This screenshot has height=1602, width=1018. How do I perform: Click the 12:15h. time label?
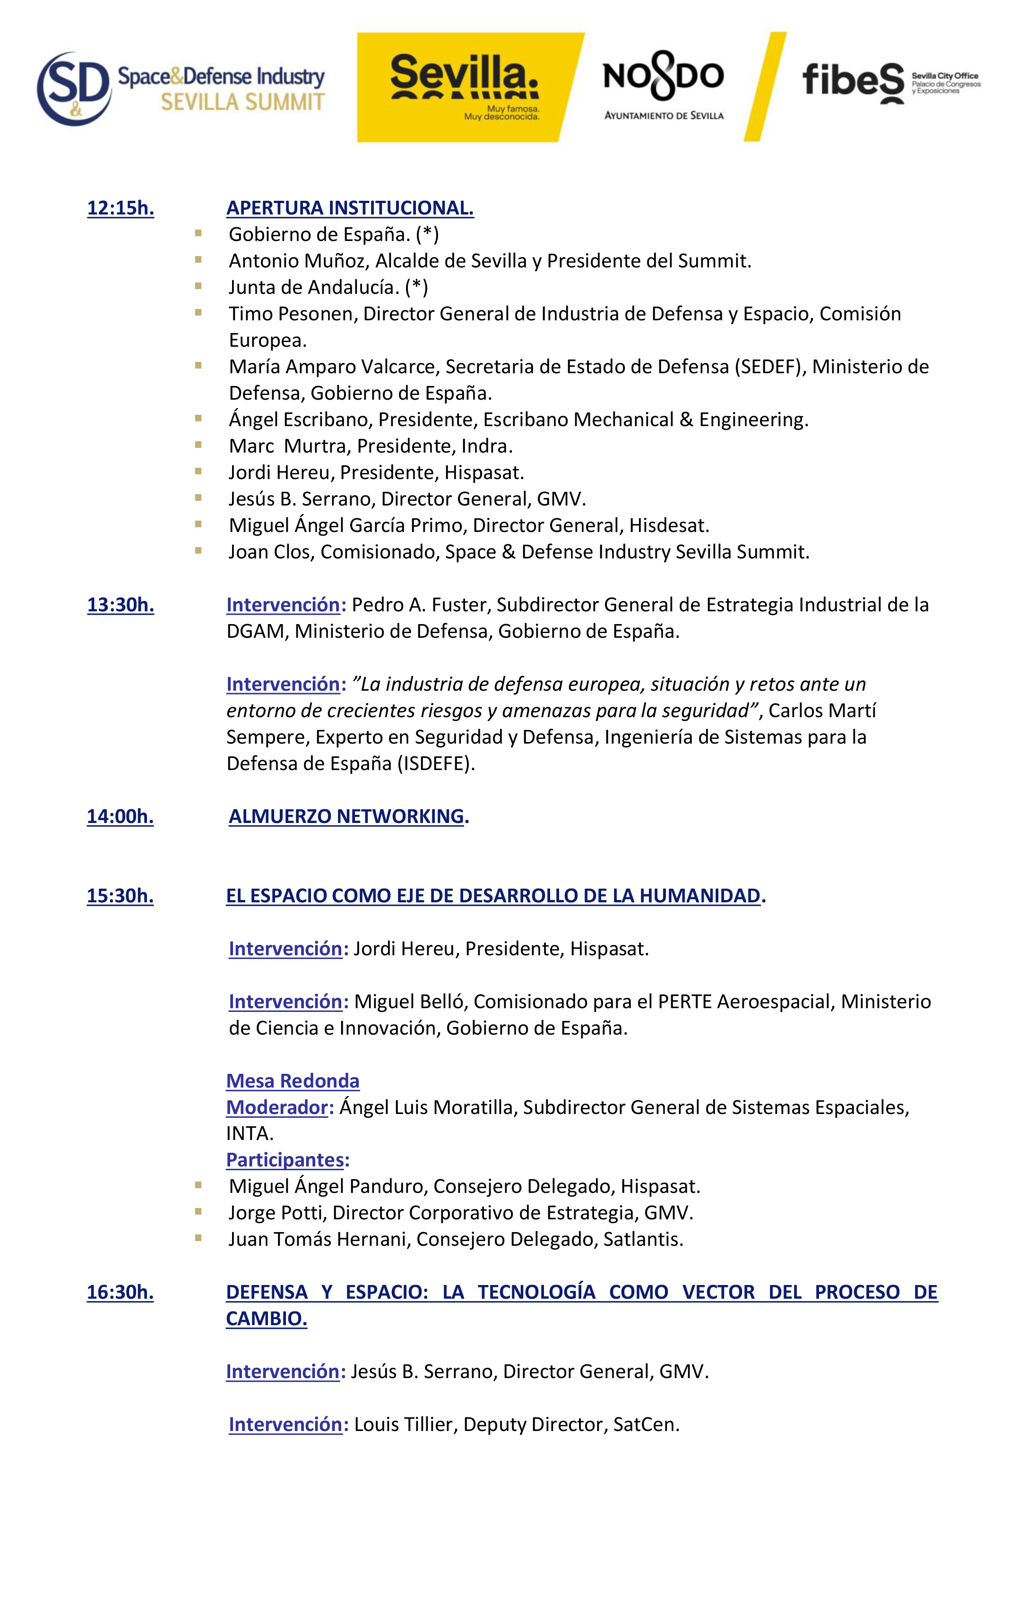coord(121,208)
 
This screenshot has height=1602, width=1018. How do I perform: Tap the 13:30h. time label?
coord(121,605)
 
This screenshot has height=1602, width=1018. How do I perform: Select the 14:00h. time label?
coord(121,816)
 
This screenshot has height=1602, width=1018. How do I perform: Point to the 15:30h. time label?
coord(121,896)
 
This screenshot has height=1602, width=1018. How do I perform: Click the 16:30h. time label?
coord(121,1292)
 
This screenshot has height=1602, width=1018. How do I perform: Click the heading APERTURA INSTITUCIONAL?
coord(350,208)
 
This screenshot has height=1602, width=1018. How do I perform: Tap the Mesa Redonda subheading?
coord(293,1081)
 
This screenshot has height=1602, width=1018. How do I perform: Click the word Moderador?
coord(277,1108)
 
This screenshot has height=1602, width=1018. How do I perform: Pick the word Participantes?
coord(285,1160)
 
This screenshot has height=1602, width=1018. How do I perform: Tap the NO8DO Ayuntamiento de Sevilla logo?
coord(664,88)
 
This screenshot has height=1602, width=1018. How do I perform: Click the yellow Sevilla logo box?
coord(466,87)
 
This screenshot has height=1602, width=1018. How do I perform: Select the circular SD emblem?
coord(74,88)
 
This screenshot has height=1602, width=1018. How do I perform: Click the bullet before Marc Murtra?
coord(198,445)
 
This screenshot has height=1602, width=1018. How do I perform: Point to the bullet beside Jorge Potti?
coord(198,1212)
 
